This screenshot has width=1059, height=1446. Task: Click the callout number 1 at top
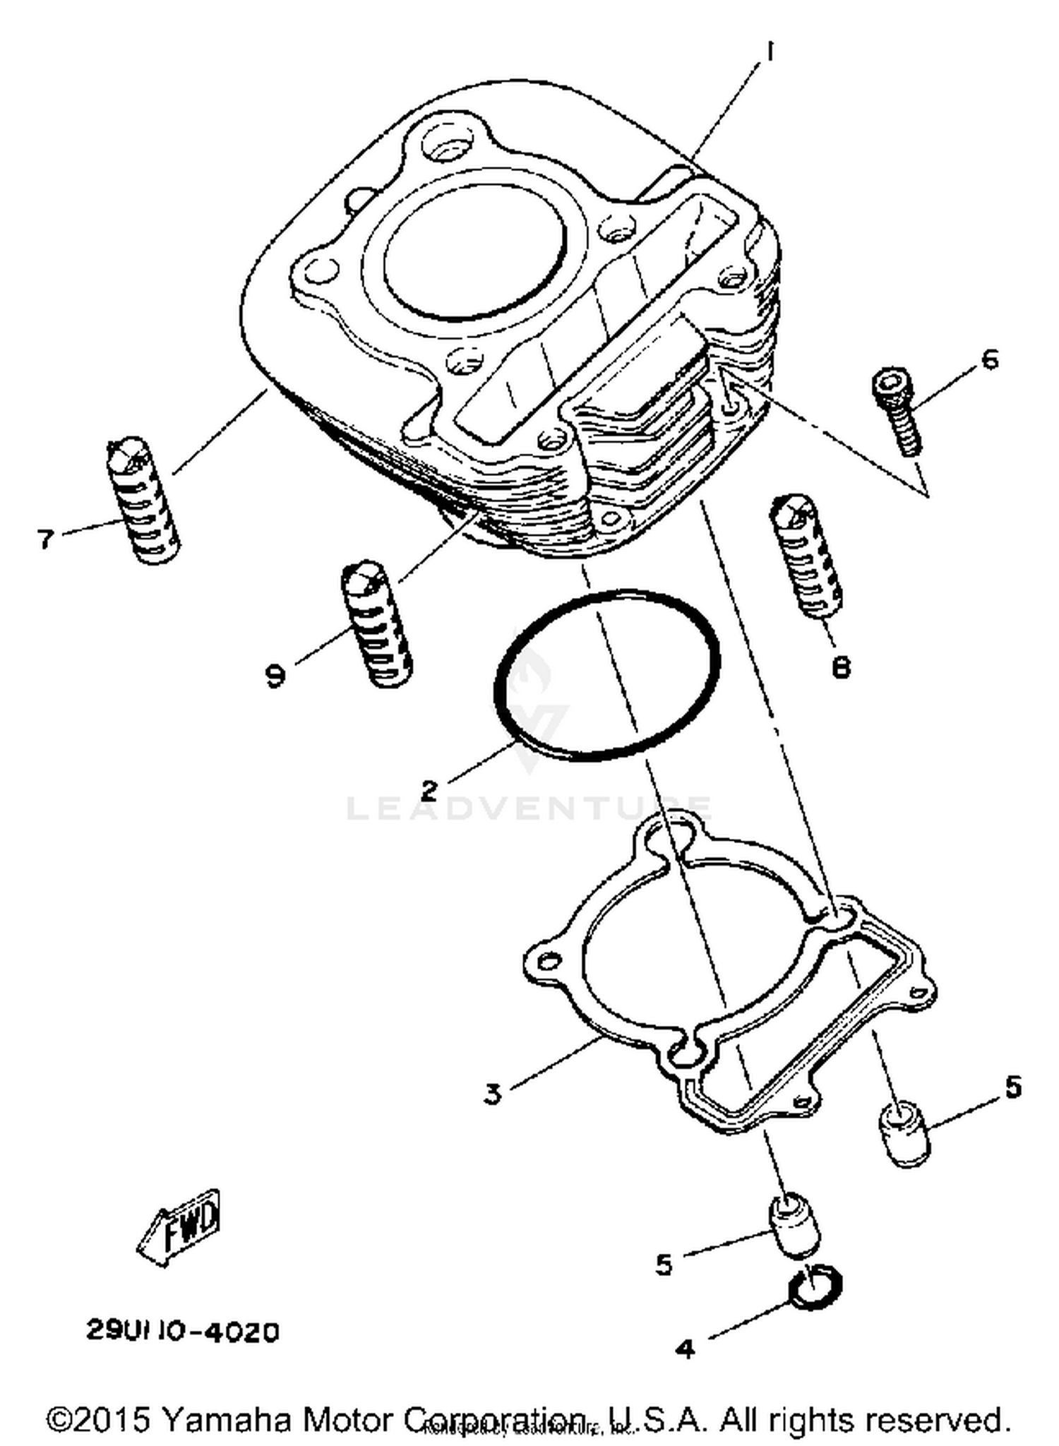point(770,52)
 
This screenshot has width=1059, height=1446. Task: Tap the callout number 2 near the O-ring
point(430,789)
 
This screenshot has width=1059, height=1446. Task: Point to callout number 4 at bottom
point(684,1349)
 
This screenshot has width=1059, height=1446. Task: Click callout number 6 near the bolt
point(990,359)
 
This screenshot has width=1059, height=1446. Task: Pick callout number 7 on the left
point(46,539)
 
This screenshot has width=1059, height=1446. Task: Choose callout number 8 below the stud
point(840,667)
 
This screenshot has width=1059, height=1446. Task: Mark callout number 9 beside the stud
point(276,676)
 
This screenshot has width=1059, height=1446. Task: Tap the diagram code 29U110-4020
point(183,1332)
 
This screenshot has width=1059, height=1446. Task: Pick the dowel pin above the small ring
point(794,1225)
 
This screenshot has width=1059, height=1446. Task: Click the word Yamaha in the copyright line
point(226,1419)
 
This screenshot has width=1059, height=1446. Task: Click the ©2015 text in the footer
point(99,1419)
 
